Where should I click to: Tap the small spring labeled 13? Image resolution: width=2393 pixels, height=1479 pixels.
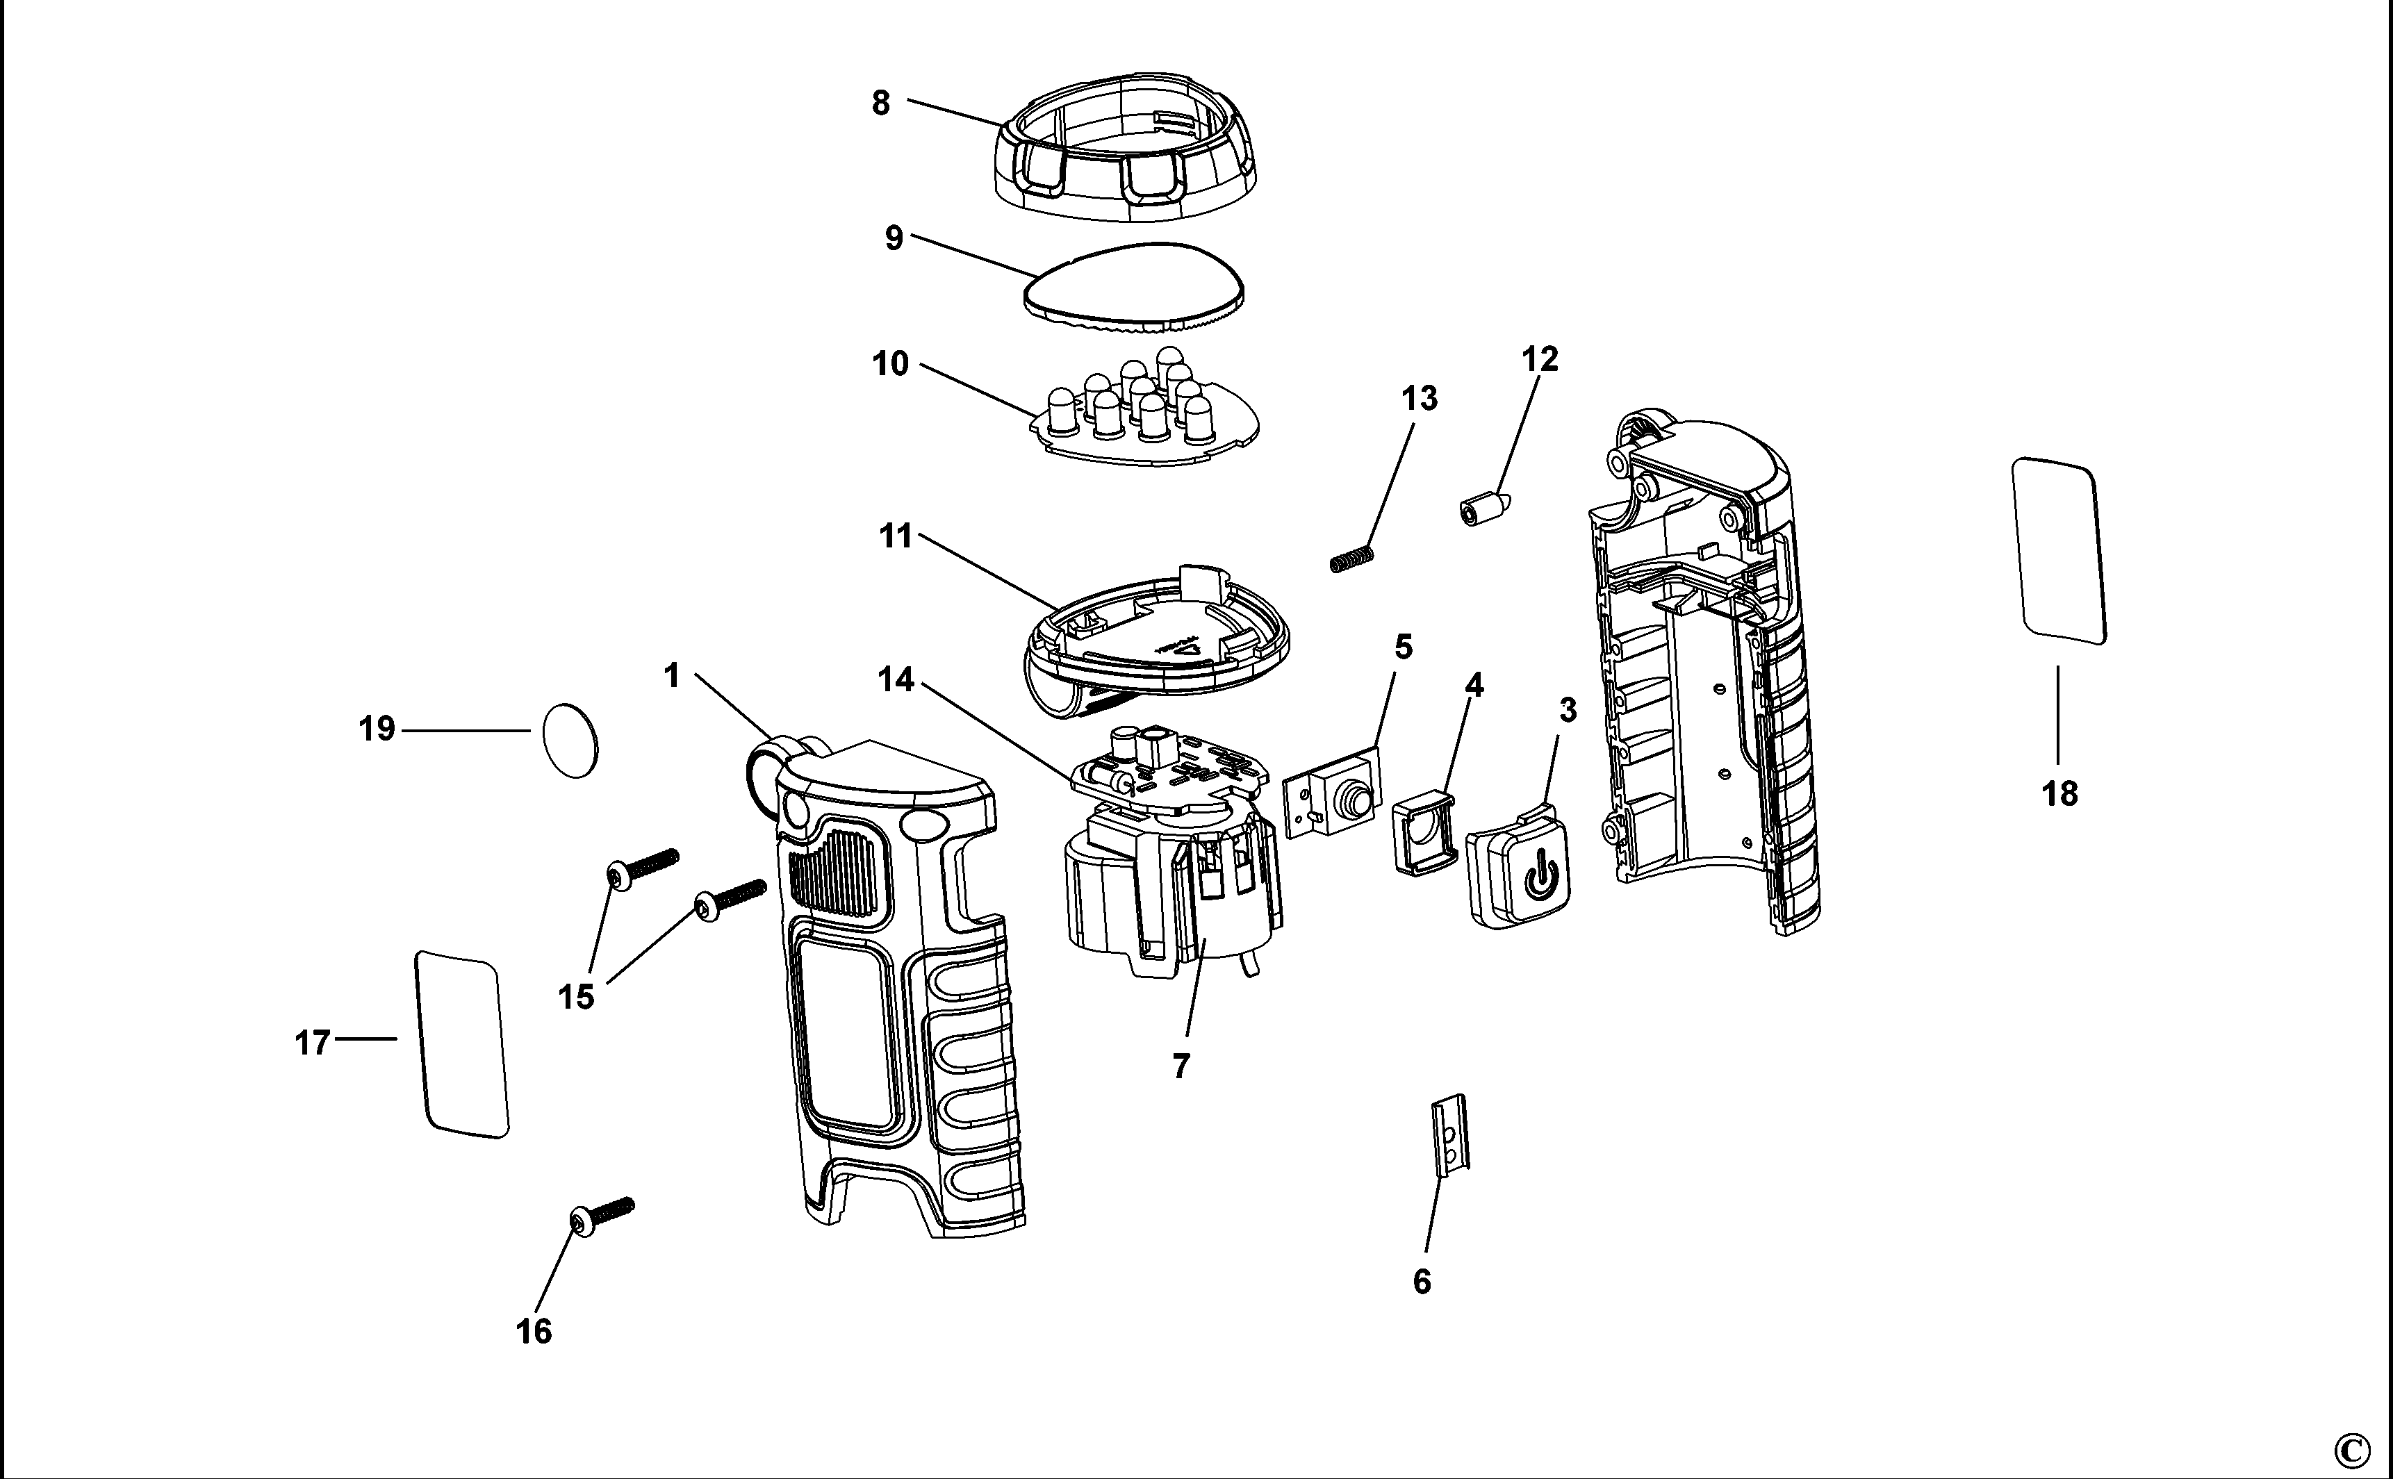click(1352, 559)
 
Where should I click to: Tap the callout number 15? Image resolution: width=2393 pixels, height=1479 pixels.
click(576, 997)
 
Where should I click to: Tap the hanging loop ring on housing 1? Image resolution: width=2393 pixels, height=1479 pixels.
click(768, 761)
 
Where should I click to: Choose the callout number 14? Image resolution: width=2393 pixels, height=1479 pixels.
click(896, 679)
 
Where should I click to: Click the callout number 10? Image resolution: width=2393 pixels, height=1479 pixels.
click(890, 364)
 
